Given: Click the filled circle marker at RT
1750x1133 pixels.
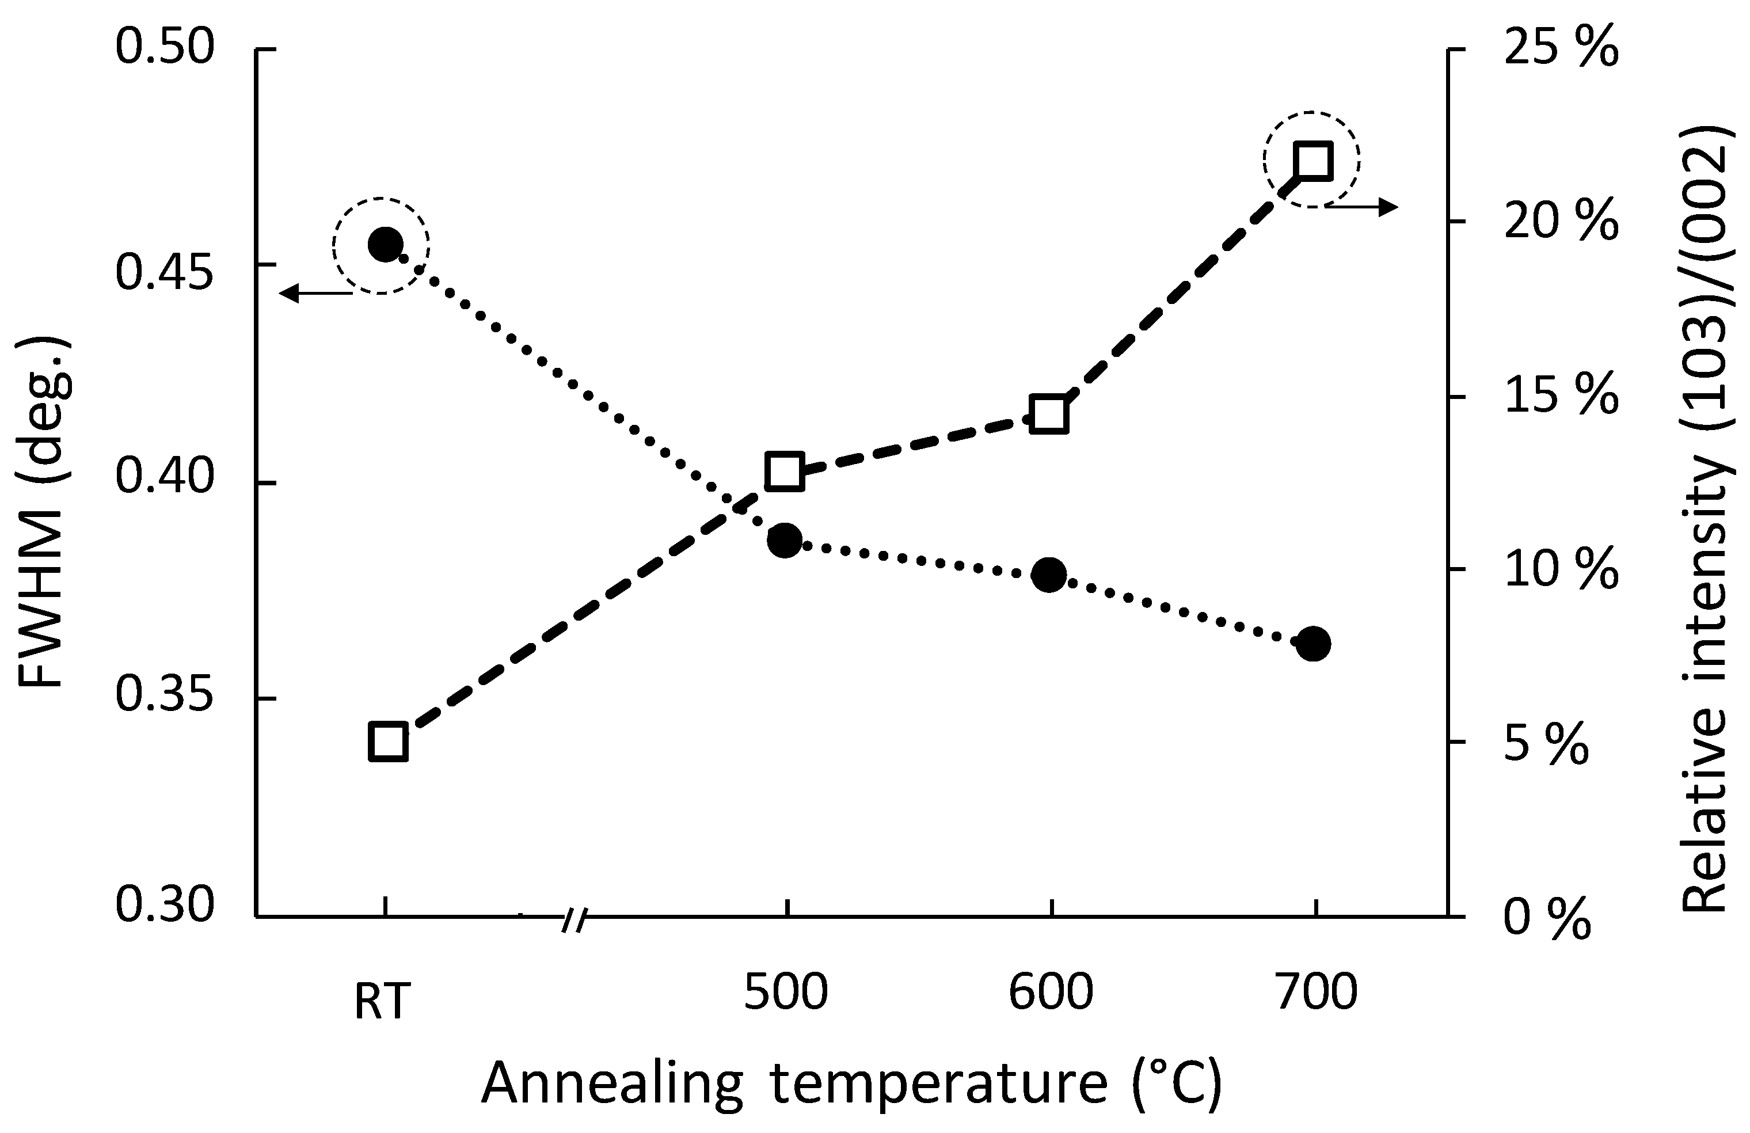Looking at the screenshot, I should point(385,244).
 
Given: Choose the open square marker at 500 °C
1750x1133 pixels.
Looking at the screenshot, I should point(785,472).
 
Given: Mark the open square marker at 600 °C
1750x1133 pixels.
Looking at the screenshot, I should point(1048,415).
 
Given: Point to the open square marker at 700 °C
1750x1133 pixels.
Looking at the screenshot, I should point(1313,162).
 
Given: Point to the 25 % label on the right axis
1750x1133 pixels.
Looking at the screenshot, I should point(1560,48).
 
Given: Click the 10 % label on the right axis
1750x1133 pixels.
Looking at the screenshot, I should point(1560,571).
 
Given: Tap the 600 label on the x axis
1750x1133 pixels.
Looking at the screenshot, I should point(1050,993).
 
